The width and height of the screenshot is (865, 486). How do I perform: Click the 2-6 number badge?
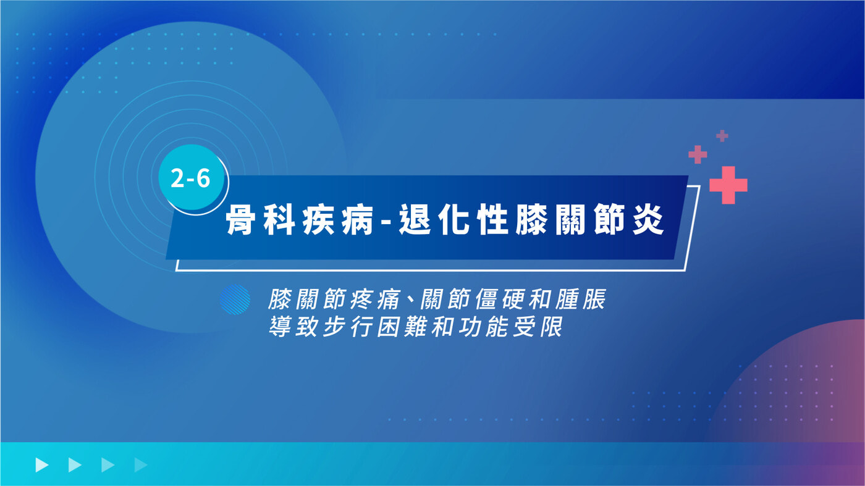(191, 178)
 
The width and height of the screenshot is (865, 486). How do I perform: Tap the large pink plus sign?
(728, 185)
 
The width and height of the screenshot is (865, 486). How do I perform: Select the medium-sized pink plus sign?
(698, 154)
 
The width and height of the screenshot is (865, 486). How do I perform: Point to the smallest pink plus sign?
(722, 136)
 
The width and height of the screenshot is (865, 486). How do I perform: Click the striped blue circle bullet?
(235, 300)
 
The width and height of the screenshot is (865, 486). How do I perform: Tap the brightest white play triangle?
(42, 465)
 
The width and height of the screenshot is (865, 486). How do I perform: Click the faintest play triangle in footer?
(141, 465)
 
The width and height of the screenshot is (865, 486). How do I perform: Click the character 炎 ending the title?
(648, 220)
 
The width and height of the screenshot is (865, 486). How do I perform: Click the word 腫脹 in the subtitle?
(580, 299)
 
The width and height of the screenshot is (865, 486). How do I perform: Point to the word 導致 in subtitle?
(293, 327)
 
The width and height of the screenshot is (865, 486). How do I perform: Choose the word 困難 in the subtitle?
(402, 327)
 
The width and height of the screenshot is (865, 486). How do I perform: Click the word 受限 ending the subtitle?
(538, 327)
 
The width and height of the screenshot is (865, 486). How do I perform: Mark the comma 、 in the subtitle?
(409, 306)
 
